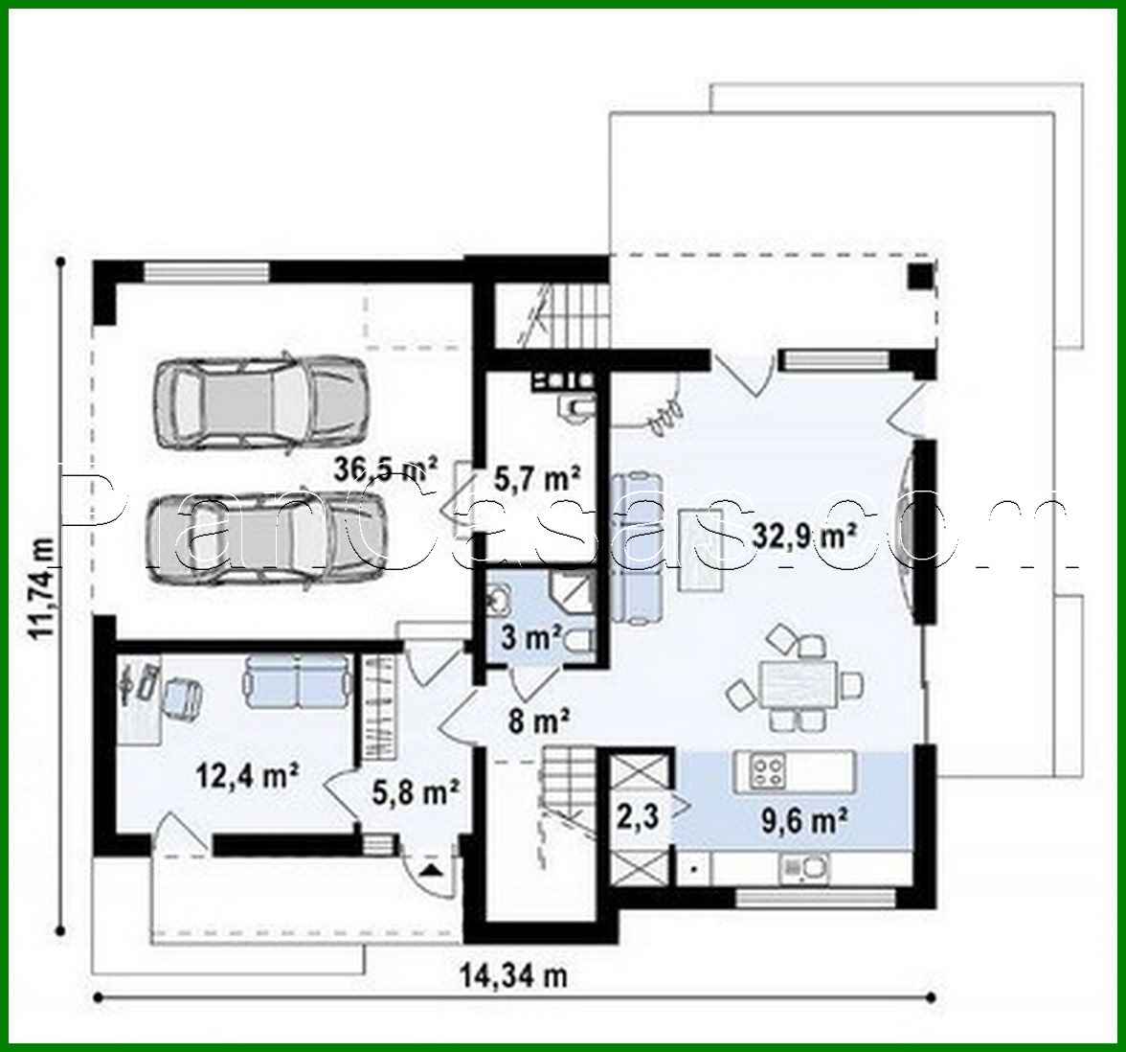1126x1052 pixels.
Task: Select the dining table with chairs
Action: point(794,684)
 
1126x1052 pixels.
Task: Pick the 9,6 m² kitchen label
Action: point(800,820)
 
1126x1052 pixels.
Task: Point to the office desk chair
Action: point(182,696)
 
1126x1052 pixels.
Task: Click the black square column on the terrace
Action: point(919,276)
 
